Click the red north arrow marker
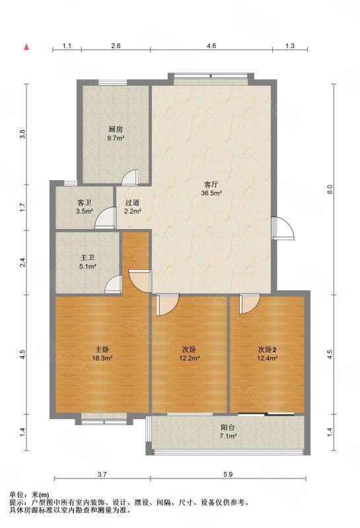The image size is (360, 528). tap(26, 48)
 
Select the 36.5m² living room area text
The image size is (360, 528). tap(211, 193)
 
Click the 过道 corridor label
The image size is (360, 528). tap(133, 203)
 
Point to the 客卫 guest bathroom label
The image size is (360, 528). tap(85, 203)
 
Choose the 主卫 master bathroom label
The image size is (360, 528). tap(87, 258)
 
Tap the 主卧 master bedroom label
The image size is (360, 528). tap(102, 349)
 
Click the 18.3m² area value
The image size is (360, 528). tap(102, 358)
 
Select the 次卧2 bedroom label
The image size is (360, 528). tap(267, 349)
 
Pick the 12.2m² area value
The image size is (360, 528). tap(190, 358)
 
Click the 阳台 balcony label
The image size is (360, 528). tap(228, 428)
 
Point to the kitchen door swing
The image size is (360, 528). tap(129, 177)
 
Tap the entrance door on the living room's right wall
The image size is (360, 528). tap(283, 228)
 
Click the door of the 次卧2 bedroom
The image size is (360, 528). tap(250, 304)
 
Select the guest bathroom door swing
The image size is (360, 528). tap(105, 218)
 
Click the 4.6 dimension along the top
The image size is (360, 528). tap(211, 46)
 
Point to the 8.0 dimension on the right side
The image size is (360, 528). tap(330, 189)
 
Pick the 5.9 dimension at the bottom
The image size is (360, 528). tap(228, 475)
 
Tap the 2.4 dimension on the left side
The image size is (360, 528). tap(22, 263)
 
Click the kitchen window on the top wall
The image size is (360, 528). tap(112, 82)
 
